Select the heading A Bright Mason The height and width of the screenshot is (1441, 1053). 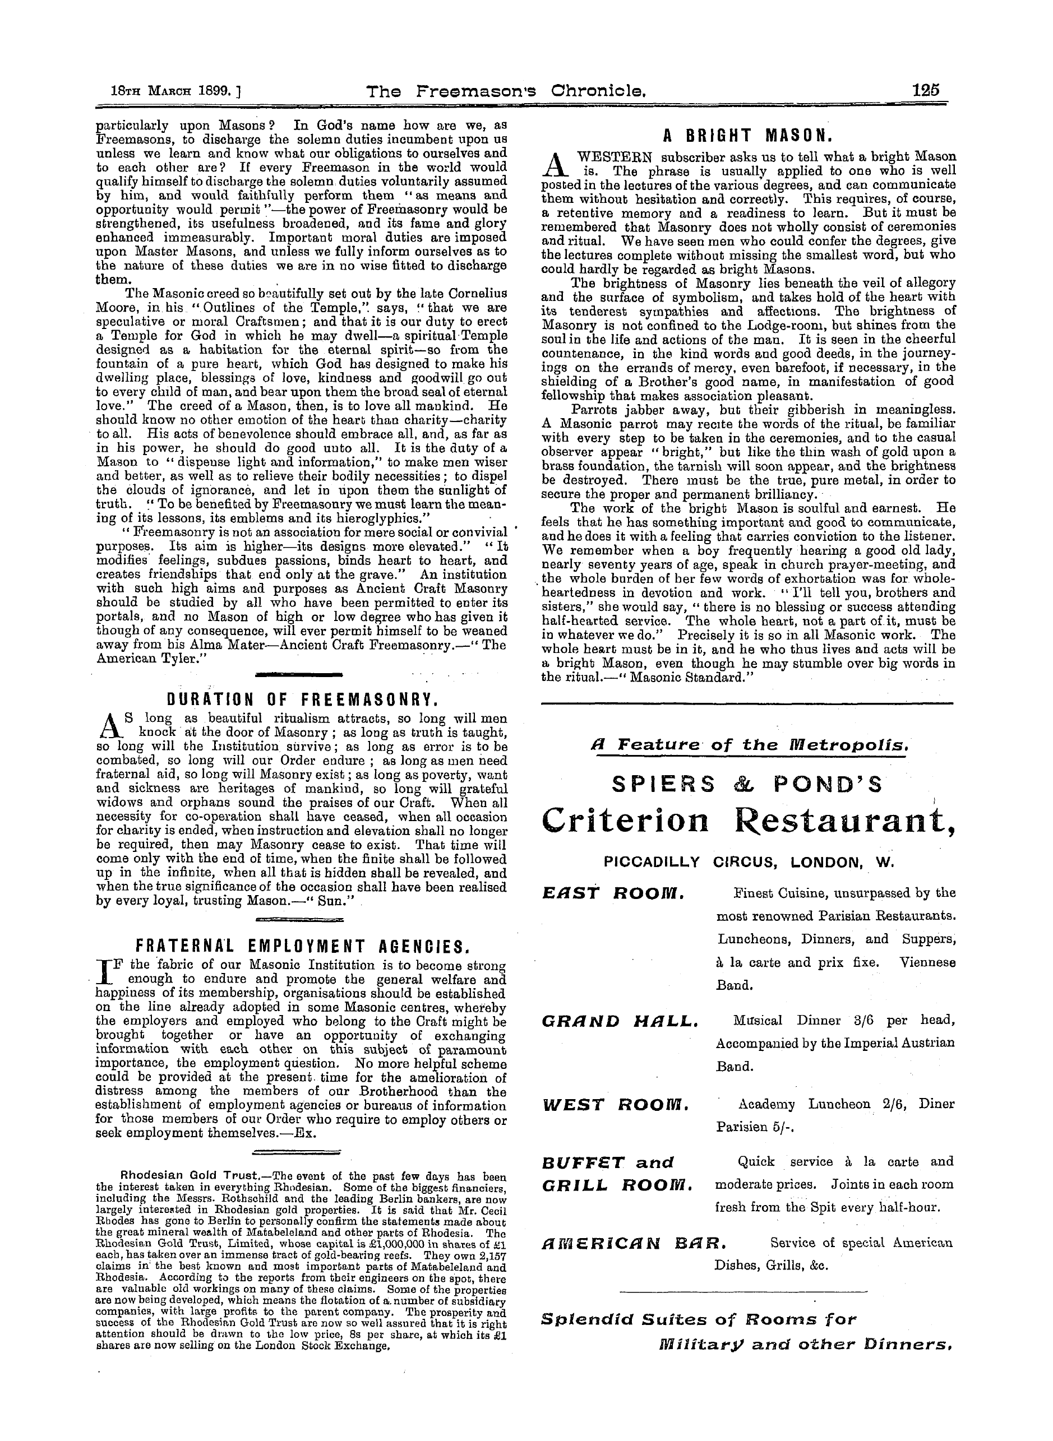tap(747, 135)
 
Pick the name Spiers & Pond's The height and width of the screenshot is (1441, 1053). tap(746, 784)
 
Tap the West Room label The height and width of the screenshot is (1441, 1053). tap(615, 1104)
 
